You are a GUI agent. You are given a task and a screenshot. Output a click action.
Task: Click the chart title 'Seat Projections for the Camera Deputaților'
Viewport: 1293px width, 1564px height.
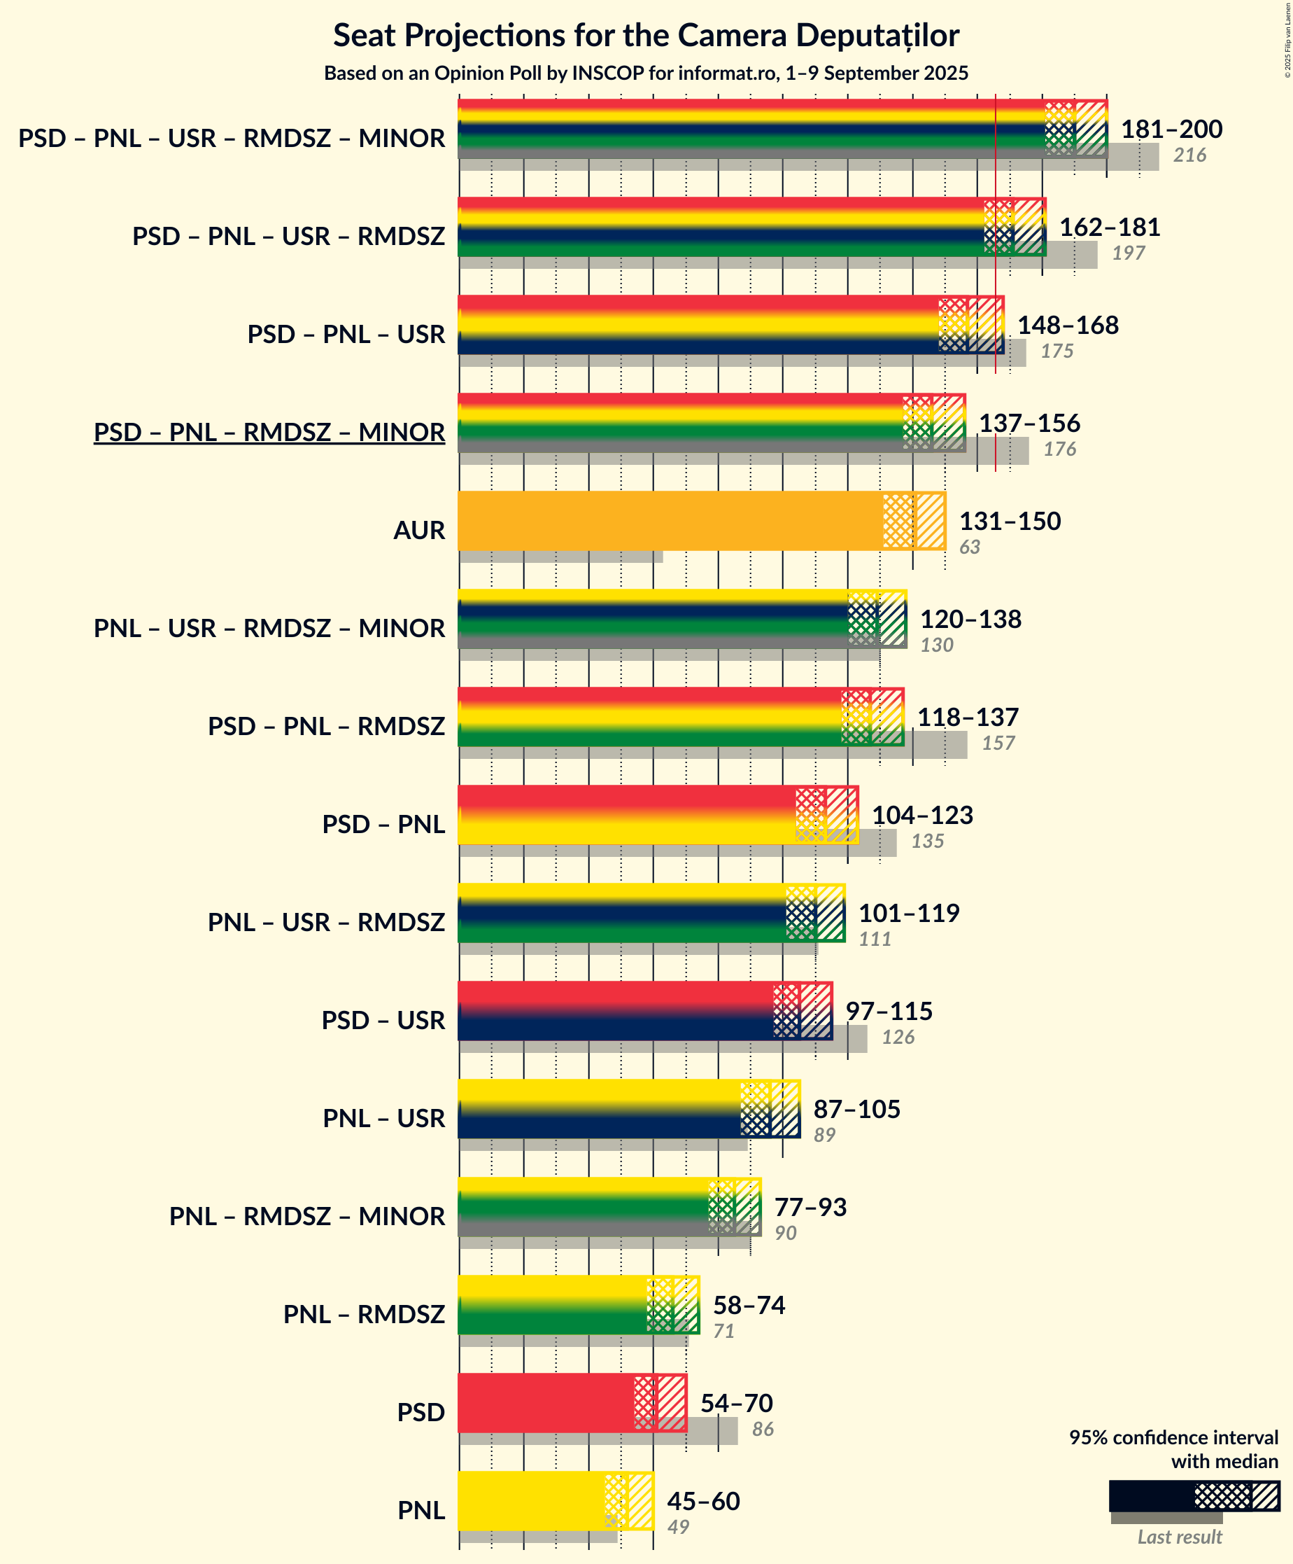[x=646, y=35]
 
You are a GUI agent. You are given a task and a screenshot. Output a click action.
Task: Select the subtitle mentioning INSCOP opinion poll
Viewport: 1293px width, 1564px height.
[x=646, y=73]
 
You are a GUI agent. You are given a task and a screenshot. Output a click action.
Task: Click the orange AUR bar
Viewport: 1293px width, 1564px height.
[x=670, y=521]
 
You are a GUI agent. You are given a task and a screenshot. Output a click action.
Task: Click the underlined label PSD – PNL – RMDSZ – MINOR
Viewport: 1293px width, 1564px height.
[x=269, y=432]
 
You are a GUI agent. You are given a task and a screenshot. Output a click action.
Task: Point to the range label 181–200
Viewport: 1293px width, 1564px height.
[x=1172, y=129]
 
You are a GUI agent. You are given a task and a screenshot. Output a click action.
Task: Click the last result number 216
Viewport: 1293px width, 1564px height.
[x=1189, y=155]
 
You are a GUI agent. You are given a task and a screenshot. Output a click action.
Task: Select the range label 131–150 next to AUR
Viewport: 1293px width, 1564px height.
[x=1010, y=521]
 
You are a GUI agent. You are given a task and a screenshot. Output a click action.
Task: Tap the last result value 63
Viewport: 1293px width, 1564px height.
[x=969, y=547]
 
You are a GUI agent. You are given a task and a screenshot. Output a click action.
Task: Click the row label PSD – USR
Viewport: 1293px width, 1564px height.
[x=383, y=1019]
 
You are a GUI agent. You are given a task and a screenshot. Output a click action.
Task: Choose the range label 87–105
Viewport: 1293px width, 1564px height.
[x=857, y=1109]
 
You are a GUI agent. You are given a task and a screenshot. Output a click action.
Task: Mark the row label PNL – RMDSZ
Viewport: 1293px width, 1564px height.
[x=364, y=1314]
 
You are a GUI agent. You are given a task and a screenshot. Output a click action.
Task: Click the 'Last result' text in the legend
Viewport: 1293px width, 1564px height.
[x=1179, y=1537]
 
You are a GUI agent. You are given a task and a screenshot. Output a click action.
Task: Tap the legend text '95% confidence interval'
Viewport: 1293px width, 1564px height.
[x=1173, y=1437]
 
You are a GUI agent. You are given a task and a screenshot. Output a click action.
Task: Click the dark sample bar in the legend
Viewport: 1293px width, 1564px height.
[x=1151, y=1495]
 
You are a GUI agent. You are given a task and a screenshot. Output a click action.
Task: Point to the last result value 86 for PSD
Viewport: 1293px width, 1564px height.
[x=763, y=1428]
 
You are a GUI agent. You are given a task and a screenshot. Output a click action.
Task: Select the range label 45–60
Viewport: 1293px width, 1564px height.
[x=703, y=1501]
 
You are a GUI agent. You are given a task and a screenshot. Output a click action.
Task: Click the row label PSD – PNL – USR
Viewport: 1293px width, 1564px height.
[x=346, y=335]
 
